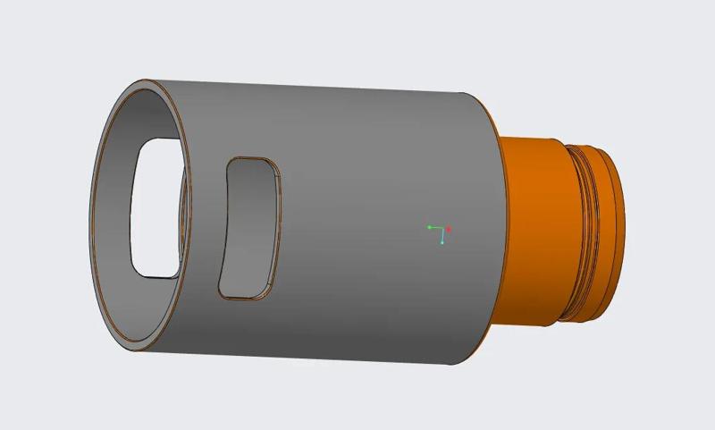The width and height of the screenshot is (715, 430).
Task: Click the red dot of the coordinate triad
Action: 449,230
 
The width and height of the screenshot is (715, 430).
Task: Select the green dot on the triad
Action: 429,227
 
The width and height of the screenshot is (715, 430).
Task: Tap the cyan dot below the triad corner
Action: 442,242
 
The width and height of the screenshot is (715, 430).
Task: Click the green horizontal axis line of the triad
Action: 436,228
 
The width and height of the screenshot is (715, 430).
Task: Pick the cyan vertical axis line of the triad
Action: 442,236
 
